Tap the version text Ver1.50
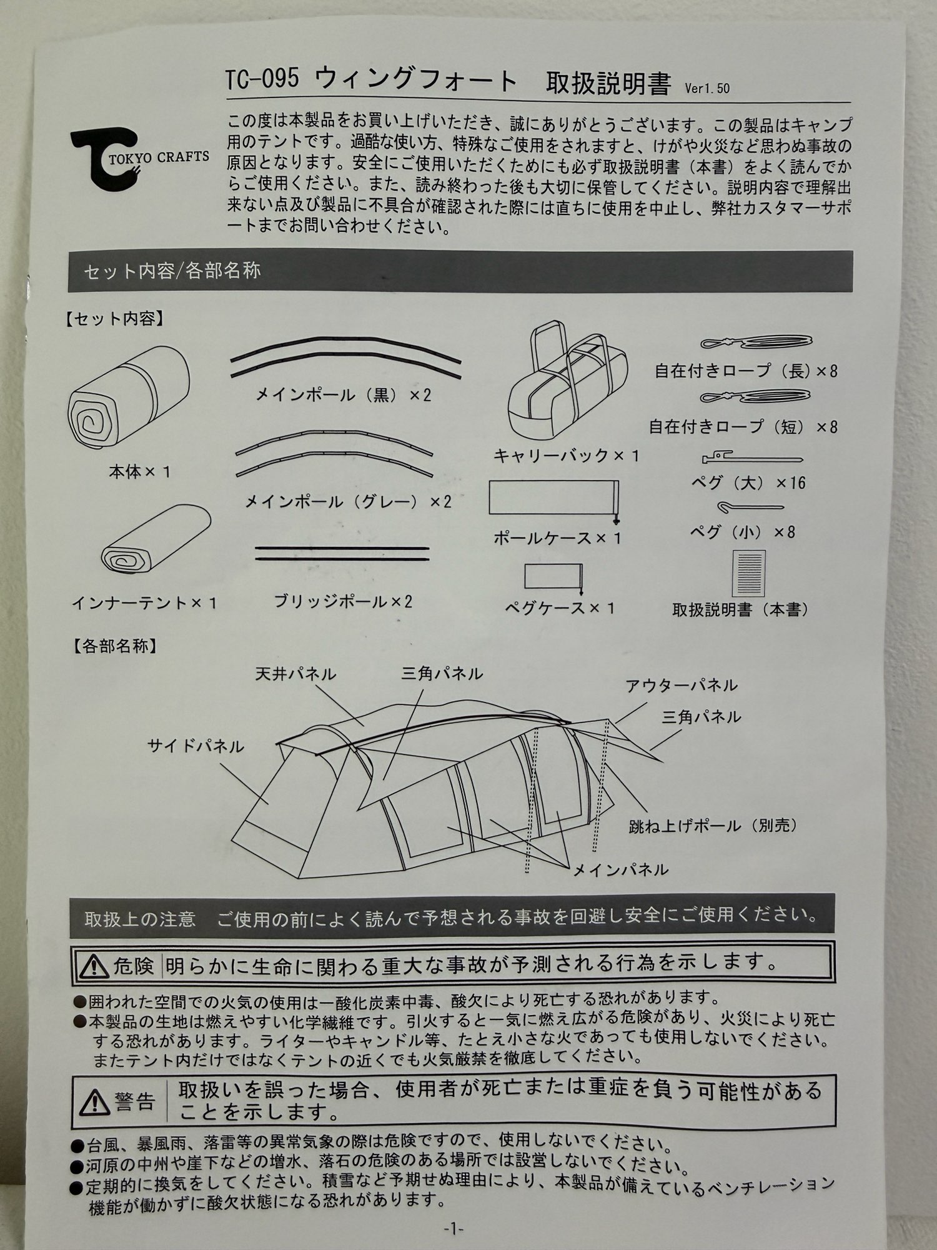tap(707, 88)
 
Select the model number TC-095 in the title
tap(262, 79)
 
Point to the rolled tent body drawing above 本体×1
tap(129, 397)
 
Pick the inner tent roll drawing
tap(156, 539)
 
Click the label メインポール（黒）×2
tap(343, 395)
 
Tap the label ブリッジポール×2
tap(343, 601)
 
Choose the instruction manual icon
tap(748, 573)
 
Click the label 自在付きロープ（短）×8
tap(743, 427)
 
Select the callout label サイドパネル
tap(196, 746)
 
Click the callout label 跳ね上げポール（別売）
tap(714, 826)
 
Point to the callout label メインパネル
tap(620, 869)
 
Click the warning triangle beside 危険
tap(94, 966)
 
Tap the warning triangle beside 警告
tap(96, 1103)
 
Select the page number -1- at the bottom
tap(454, 1229)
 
